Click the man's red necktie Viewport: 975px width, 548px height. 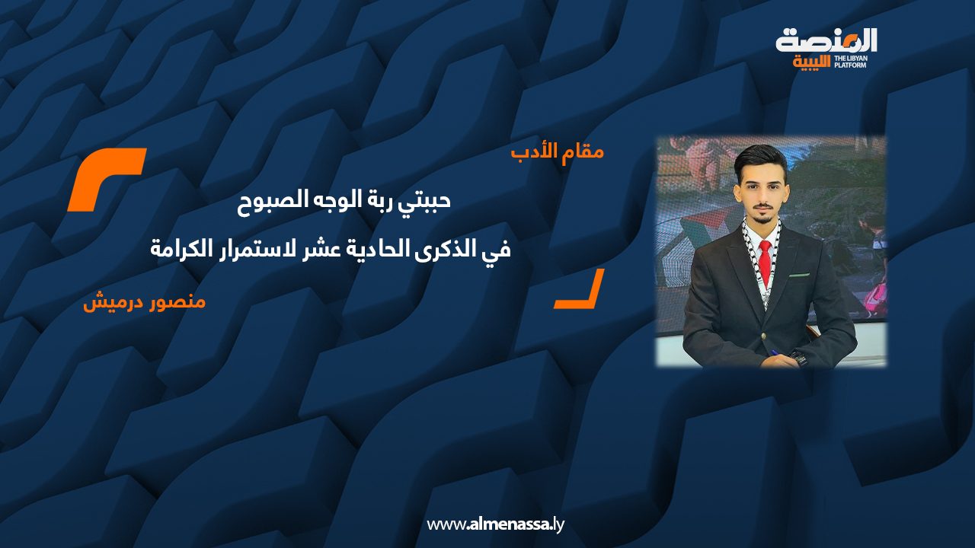point(765,259)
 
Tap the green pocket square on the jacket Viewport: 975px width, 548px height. point(798,274)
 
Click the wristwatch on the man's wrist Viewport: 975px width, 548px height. point(798,357)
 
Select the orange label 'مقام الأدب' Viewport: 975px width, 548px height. point(557,151)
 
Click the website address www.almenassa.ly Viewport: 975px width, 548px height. point(495,524)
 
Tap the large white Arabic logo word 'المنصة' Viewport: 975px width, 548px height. point(826,40)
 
